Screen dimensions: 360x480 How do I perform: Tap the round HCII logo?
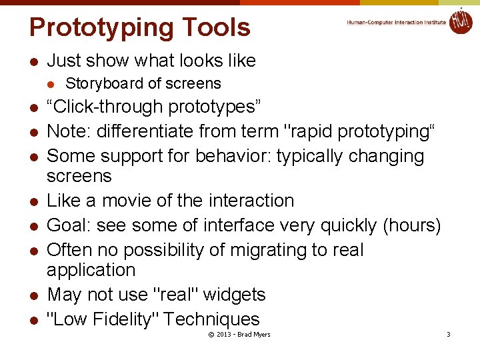(x=461, y=21)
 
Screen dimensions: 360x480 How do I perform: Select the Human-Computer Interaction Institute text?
(x=396, y=22)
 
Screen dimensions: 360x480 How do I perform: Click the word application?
(x=91, y=270)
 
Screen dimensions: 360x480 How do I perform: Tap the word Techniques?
(x=211, y=319)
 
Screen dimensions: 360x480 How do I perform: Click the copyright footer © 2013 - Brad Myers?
(x=239, y=334)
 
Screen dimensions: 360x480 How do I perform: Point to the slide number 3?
(x=448, y=334)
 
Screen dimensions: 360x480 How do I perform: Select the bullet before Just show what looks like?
(x=33, y=61)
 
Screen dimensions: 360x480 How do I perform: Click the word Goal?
(x=68, y=226)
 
